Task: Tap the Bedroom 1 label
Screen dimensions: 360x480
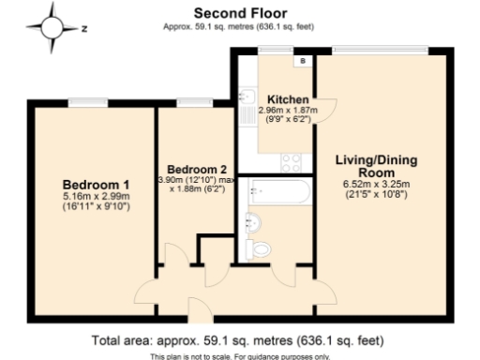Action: pyautogui.click(x=96, y=184)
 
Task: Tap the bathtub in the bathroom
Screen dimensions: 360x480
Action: pyautogui.click(x=277, y=194)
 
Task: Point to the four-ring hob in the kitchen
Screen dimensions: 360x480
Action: pyautogui.click(x=292, y=159)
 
